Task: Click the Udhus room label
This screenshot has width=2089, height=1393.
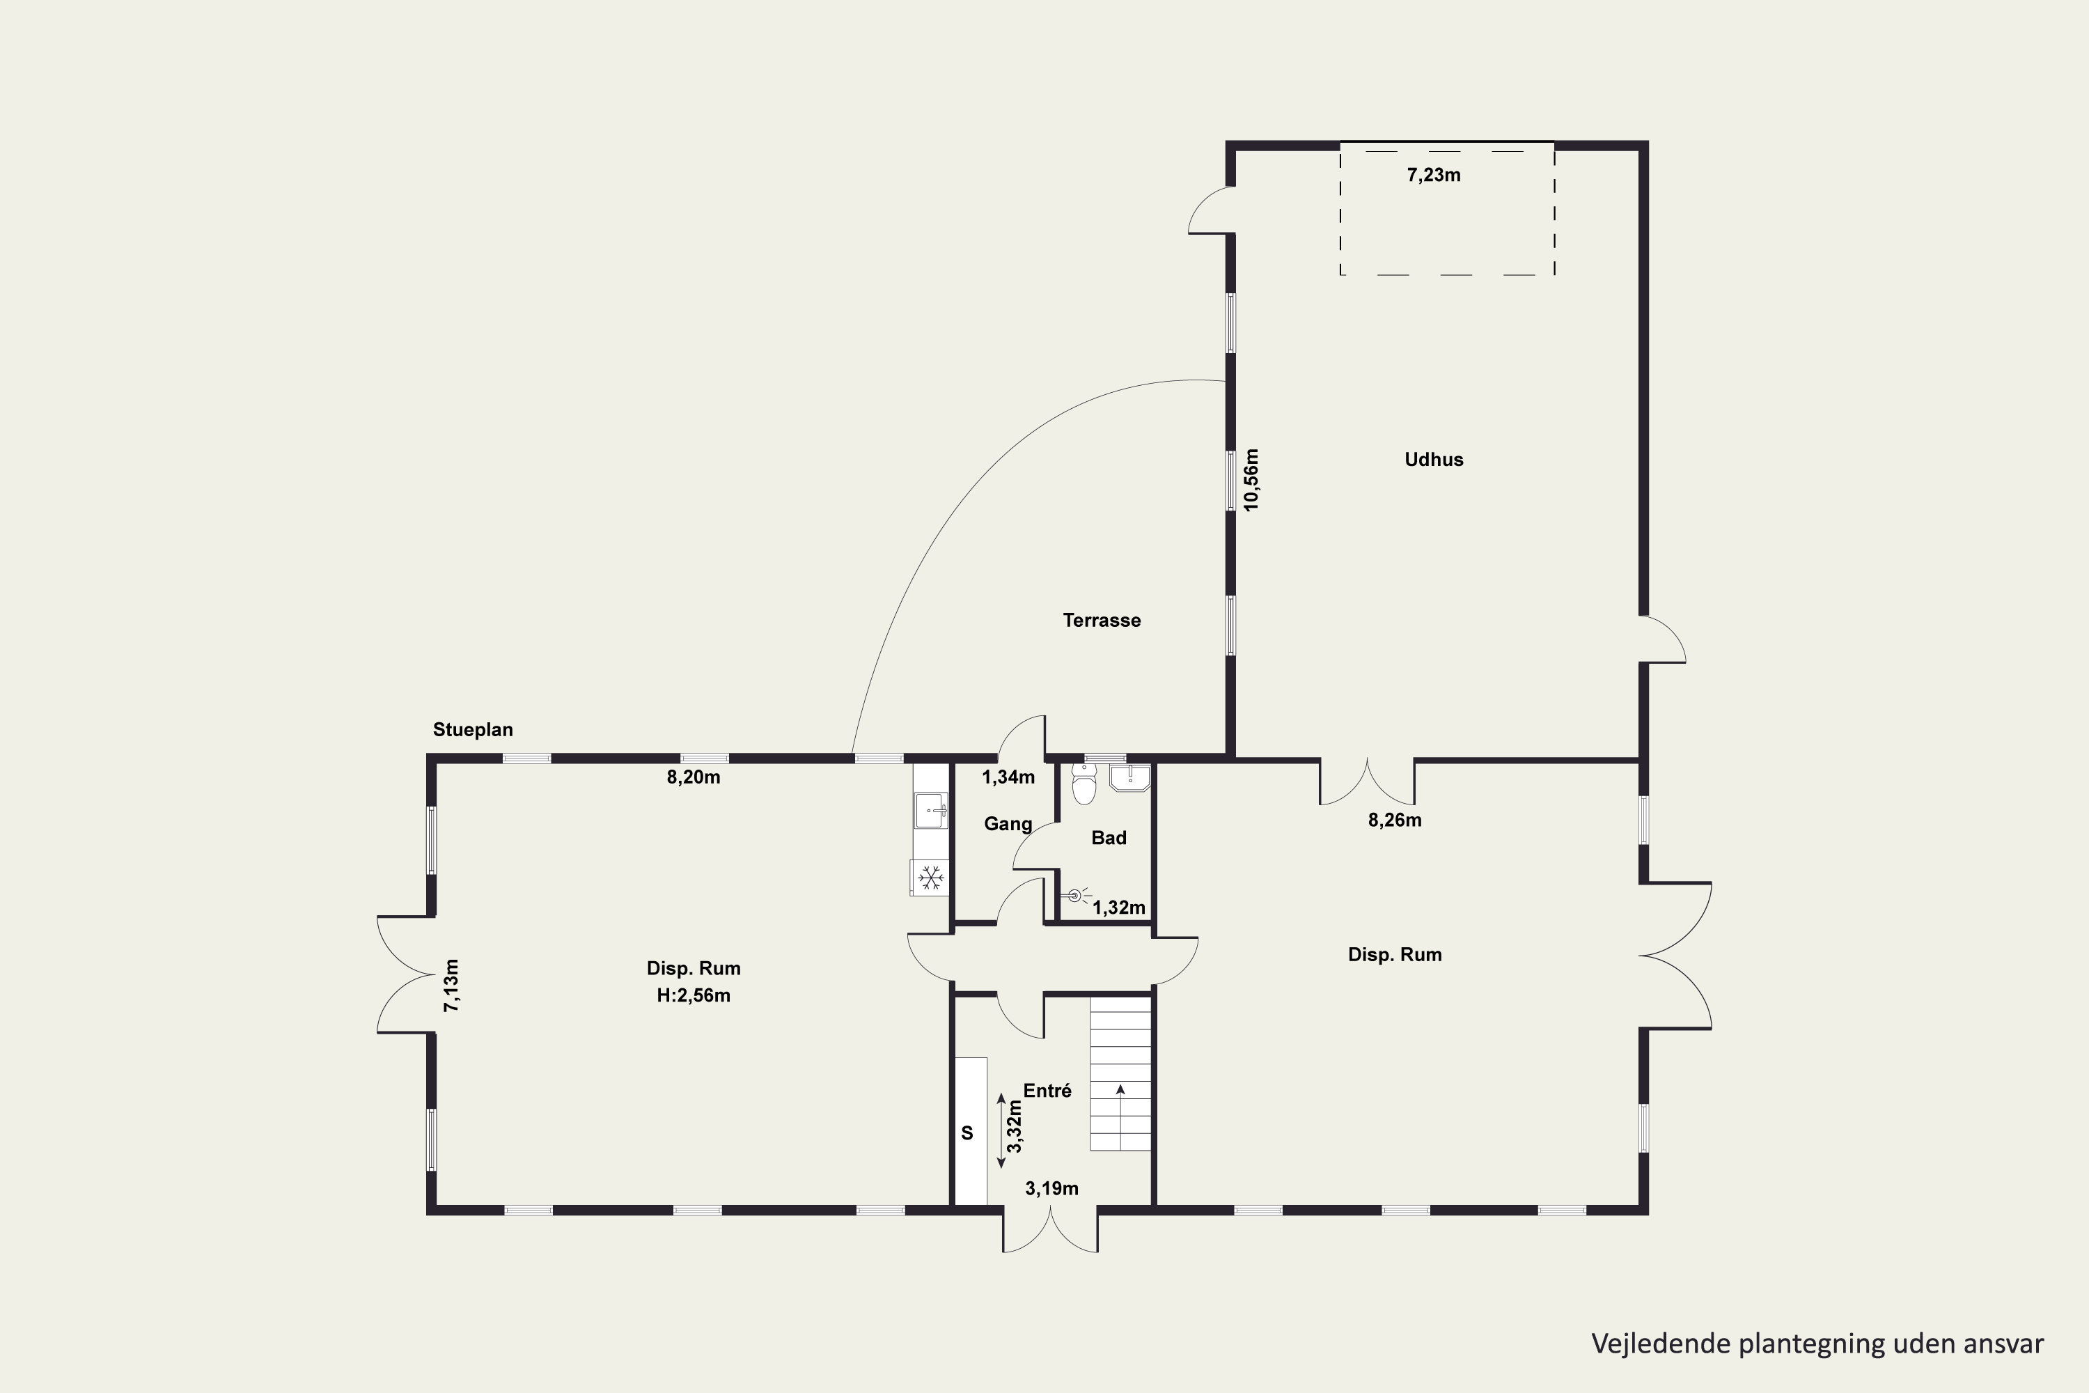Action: point(1434,459)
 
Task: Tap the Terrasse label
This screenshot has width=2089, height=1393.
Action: point(1102,620)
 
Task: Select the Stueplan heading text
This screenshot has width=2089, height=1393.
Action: point(473,729)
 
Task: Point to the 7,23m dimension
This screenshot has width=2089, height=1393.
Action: point(1434,175)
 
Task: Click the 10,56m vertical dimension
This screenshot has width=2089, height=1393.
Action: point(1251,479)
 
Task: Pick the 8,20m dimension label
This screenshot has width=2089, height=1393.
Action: point(694,777)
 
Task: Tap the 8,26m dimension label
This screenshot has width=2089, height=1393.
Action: point(1395,820)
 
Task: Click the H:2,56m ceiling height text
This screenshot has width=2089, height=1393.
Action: point(694,996)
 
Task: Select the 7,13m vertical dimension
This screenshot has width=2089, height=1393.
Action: point(452,986)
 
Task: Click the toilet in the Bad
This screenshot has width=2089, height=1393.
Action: point(1083,784)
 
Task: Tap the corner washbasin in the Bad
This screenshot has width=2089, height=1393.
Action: point(1129,778)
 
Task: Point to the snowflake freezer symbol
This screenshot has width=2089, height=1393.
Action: point(930,878)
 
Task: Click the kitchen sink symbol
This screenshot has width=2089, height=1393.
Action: point(932,810)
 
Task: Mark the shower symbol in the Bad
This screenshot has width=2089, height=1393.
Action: point(1076,896)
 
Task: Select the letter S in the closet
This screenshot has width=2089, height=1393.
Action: point(967,1133)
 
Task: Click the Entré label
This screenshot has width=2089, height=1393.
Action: point(1047,1091)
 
